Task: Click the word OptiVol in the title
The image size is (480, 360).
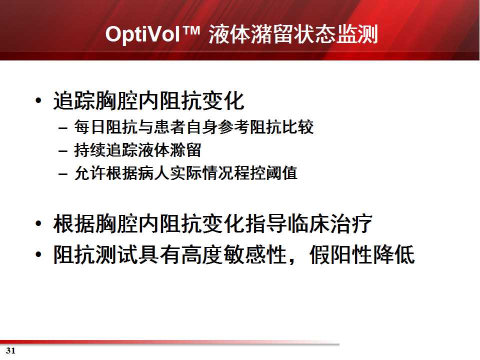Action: tap(142, 33)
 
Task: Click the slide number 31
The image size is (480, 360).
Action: tap(10, 351)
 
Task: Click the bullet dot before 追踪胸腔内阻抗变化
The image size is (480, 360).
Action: tap(38, 100)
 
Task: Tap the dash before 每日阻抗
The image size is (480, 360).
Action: tap(63, 127)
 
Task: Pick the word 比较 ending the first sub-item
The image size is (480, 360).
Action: tap(297, 127)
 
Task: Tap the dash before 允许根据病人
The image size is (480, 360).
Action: tap(63, 174)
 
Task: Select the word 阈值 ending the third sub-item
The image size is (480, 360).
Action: tap(281, 173)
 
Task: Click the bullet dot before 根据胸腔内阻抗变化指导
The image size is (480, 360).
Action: tap(38, 223)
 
